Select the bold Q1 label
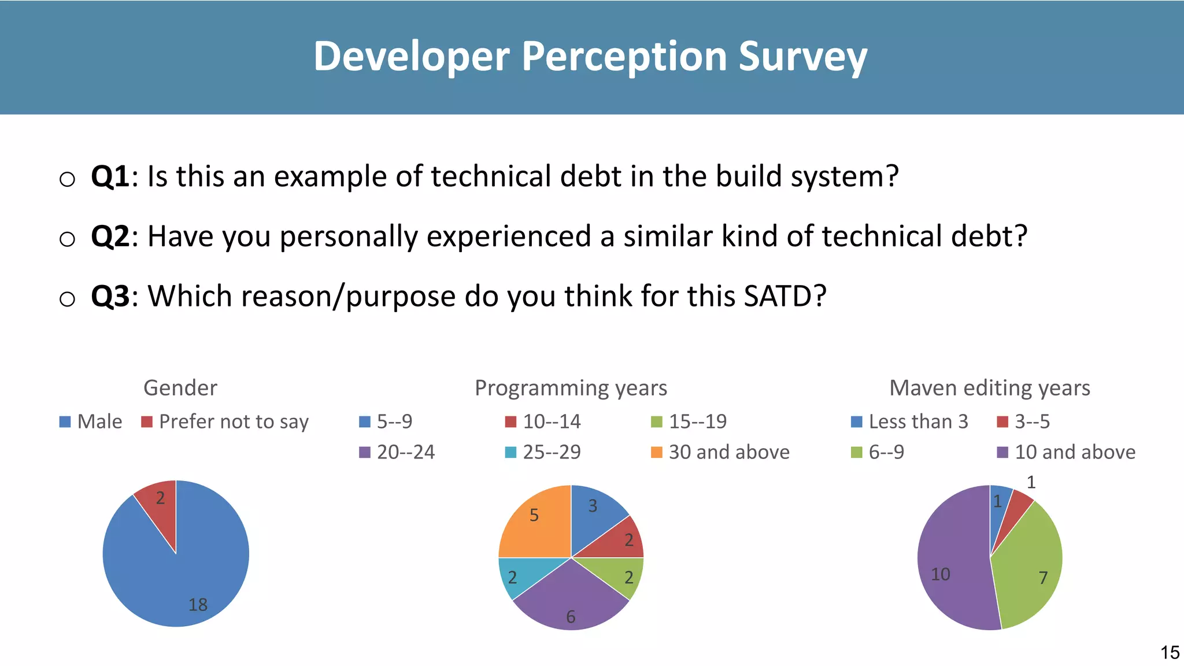pyautogui.click(x=110, y=176)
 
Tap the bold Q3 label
pyautogui.click(x=110, y=297)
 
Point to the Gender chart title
pyautogui.click(x=180, y=387)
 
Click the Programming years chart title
pyautogui.click(x=571, y=387)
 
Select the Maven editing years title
pyautogui.click(x=989, y=387)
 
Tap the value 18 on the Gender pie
pyautogui.click(x=198, y=605)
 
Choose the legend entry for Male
pyautogui.click(x=91, y=421)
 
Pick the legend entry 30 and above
pyautogui.click(x=720, y=452)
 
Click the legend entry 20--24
pyautogui.click(x=397, y=452)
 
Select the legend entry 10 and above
pyautogui.click(x=1067, y=452)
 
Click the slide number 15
pyautogui.click(x=1170, y=653)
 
